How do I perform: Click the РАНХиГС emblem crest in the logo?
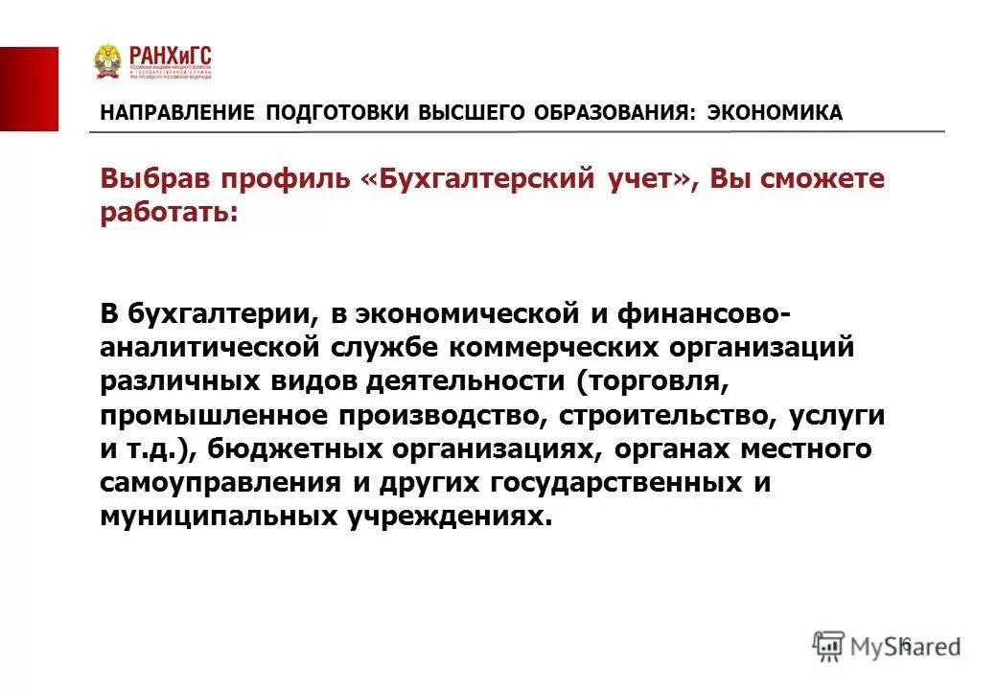coord(107,61)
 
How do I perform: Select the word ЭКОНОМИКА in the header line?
coord(775,113)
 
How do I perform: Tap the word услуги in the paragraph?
coord(836,416)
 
